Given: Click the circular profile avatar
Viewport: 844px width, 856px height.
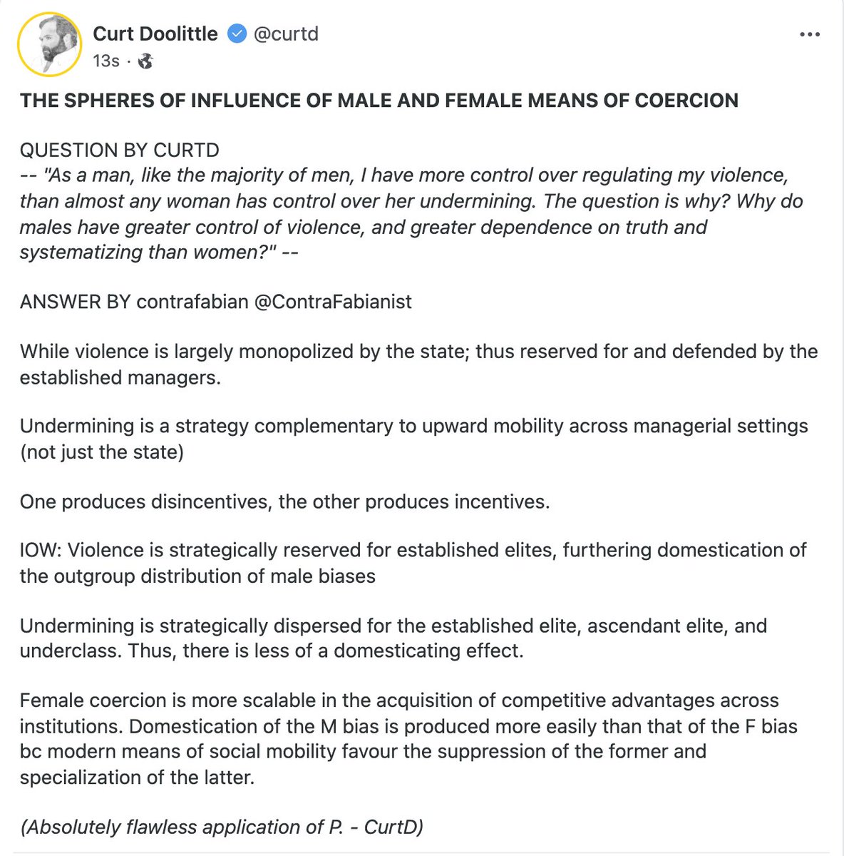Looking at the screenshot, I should [49, 45].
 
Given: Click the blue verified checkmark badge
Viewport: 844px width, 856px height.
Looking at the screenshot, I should [237, 34].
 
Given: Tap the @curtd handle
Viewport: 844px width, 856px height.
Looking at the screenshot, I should [286, 34].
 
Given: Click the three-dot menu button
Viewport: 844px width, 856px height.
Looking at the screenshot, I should [809, 34].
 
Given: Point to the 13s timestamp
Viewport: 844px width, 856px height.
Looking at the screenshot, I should [105, 61].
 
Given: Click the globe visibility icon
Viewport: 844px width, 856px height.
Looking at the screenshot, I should [145, 61].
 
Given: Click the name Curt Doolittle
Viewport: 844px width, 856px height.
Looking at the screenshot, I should [155, 34].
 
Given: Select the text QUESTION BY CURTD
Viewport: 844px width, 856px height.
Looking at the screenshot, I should [119, 151].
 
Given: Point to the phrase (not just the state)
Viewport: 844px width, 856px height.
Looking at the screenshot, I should [101, 452].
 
